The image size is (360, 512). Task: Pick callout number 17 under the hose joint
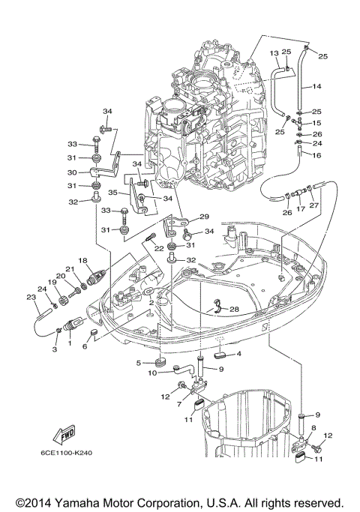[x=300, y=210]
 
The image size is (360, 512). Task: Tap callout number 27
[x=313, y=205]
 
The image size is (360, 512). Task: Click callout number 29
[x=203, y=217]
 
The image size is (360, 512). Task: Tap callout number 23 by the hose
[x=31, y=298]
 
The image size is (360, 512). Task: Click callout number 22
[x=159, y=249]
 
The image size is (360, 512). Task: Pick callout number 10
[x=152, y=373]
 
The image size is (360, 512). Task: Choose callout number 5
[x=139, y=363]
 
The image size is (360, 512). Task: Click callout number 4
[x=238, y=353]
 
